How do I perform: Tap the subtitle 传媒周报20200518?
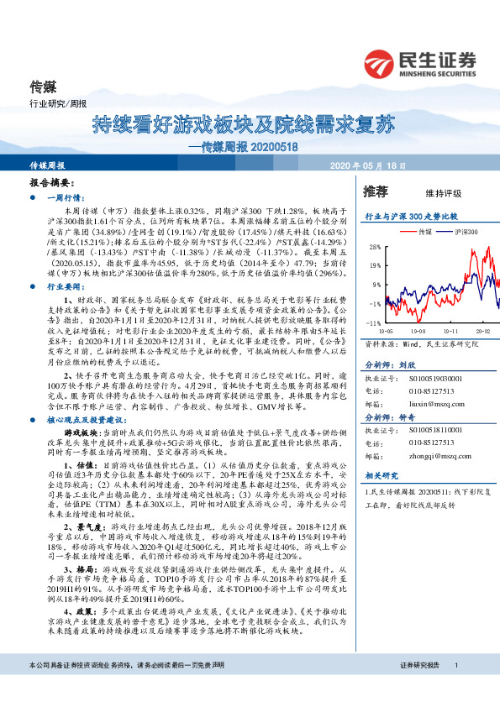click(x=250, y=145)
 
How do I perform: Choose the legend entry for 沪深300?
click(x=466, y=229)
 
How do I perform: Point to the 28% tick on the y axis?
click(x=374, y=248)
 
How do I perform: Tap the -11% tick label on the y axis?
click(x=374, y=322)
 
